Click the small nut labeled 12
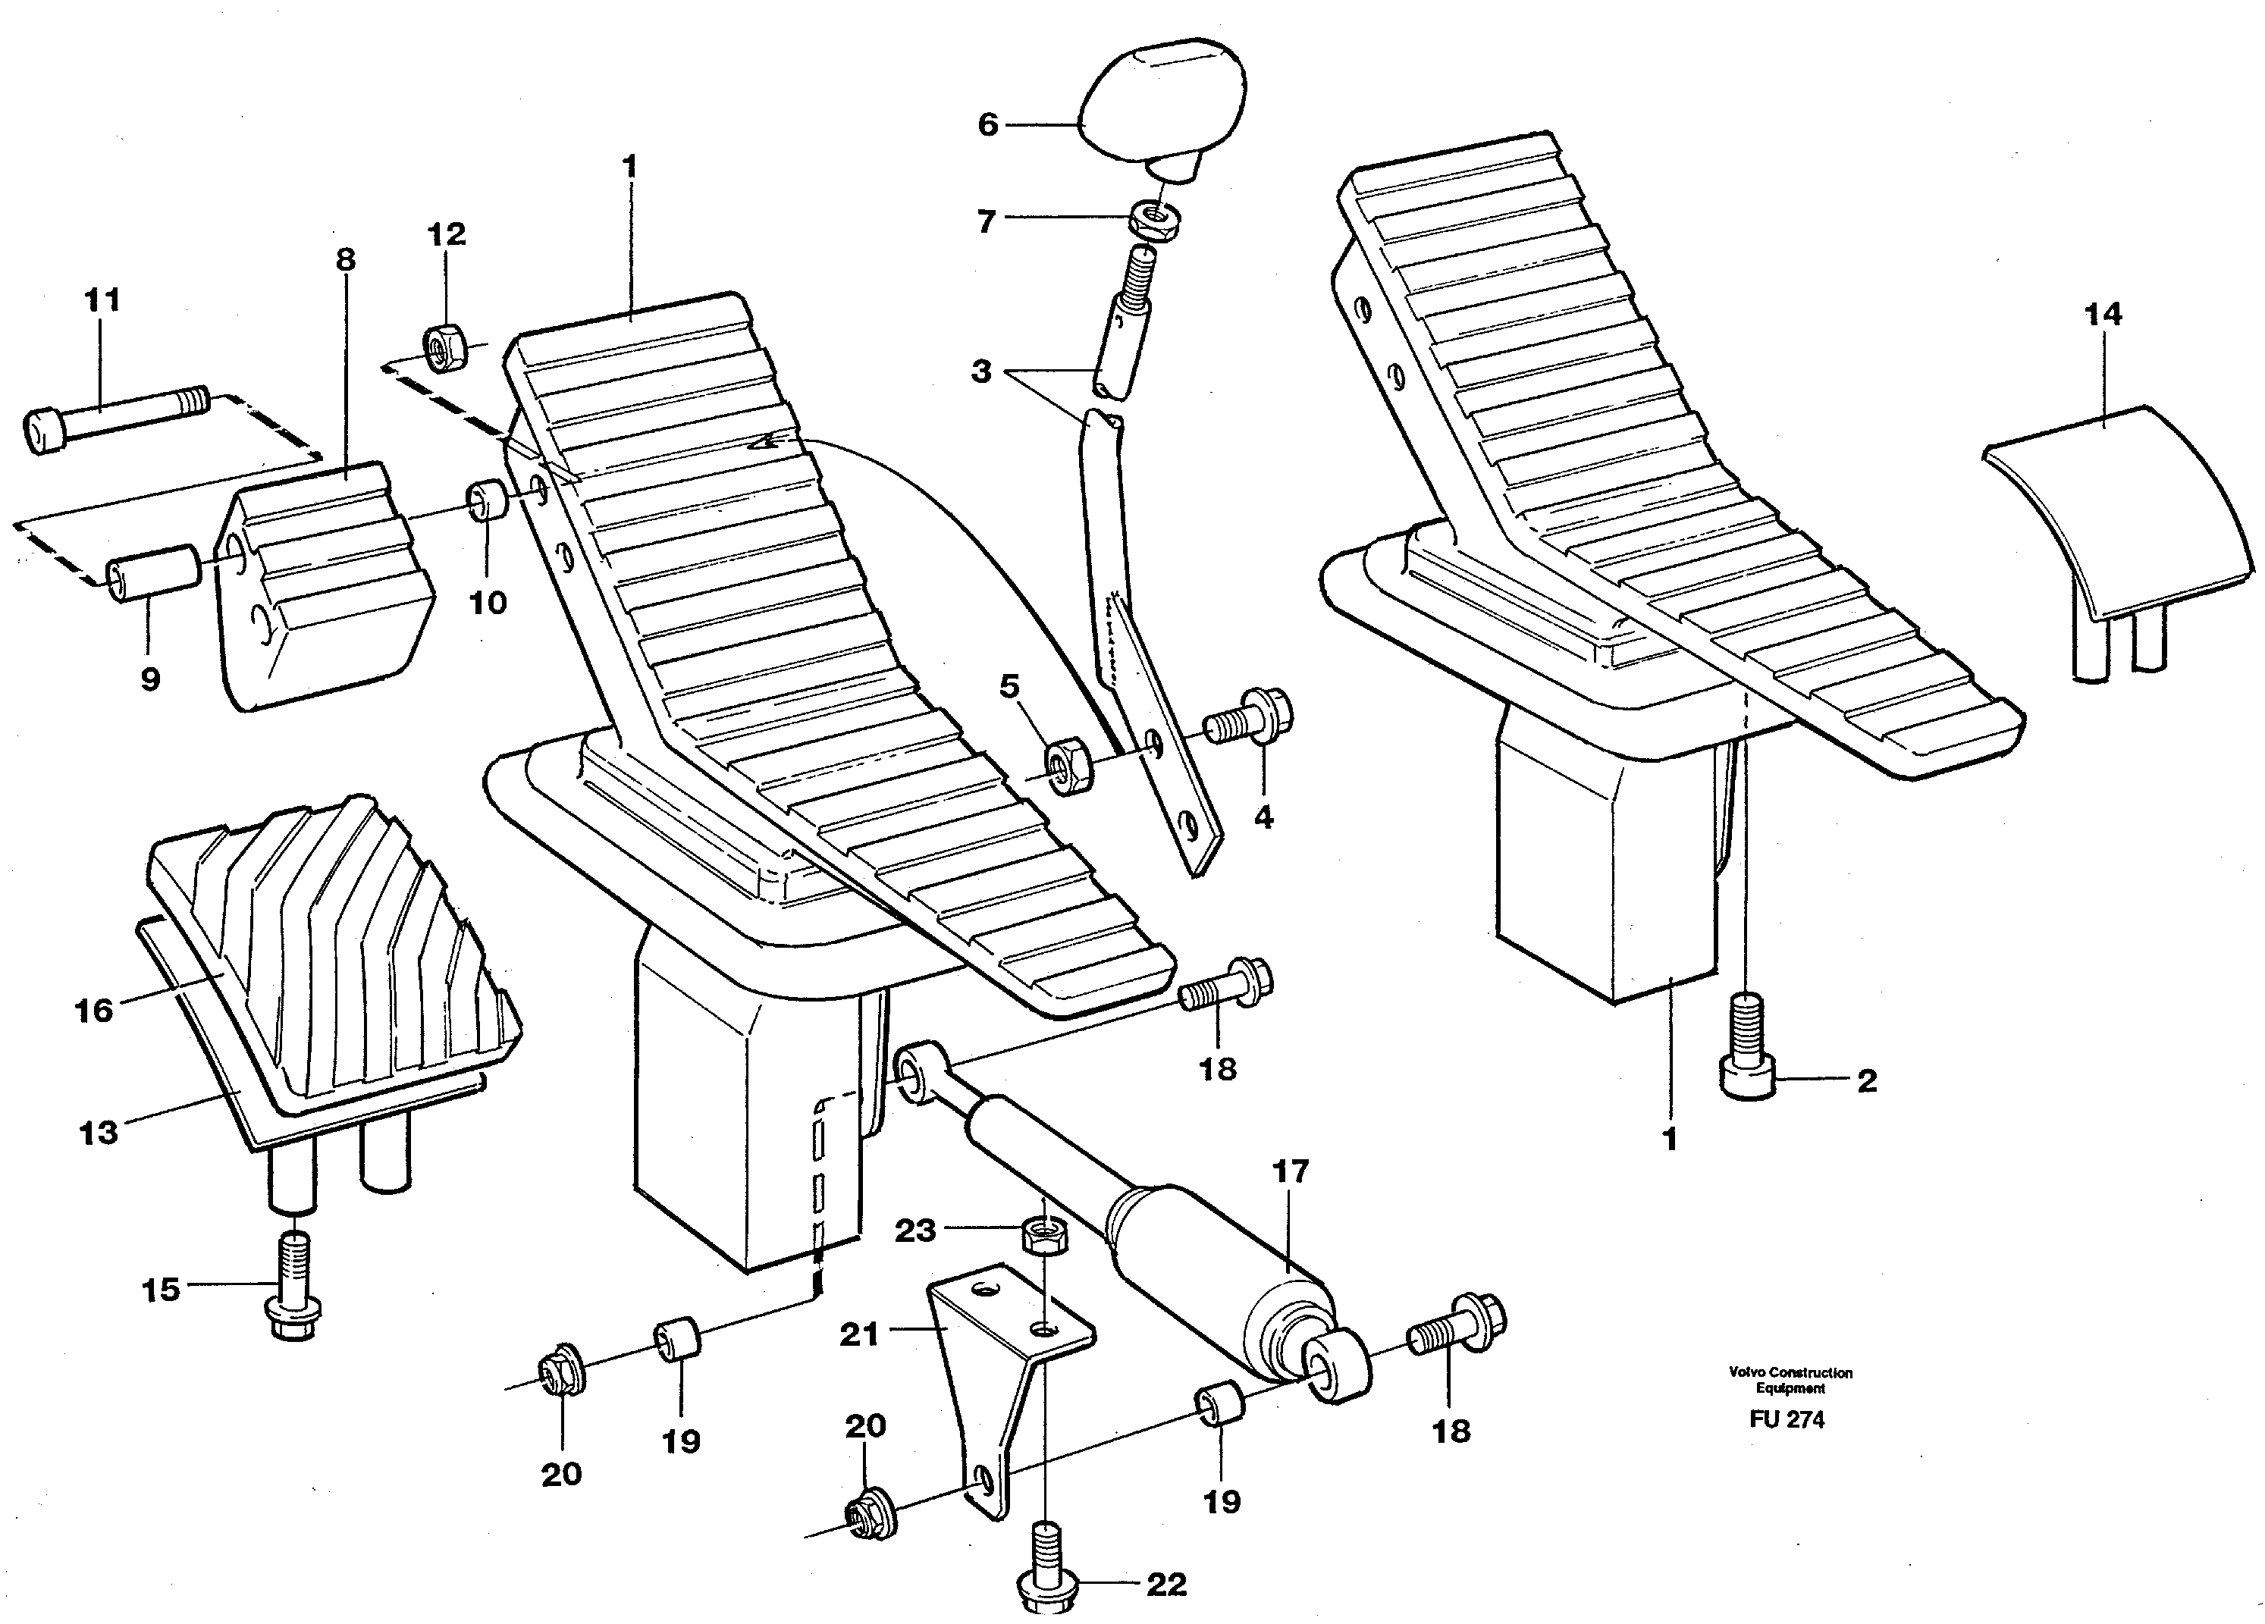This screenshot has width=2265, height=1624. point(444,346)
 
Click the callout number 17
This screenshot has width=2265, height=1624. point(1291,1171)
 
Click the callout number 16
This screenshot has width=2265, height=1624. point(94,1011)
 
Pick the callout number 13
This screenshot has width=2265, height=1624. point(98,1133)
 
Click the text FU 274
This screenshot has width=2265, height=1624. point(1786,1419)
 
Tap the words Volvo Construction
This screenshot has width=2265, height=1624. point(1790,1372)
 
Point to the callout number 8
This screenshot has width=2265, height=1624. point(344,260)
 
